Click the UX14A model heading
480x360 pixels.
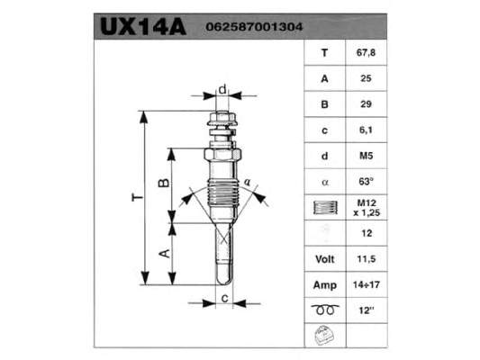[143, 27]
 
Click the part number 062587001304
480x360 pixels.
[254, 27]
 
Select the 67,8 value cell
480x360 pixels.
[366, 52]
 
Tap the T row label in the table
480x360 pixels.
[324, 53]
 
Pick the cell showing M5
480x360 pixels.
[367, 156]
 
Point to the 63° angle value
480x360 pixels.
[367, 182]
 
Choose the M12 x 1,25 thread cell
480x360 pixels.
[367, 208]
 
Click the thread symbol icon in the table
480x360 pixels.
[325, 207]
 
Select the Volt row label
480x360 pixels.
[325, 259]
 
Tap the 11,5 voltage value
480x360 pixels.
[367, 259]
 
